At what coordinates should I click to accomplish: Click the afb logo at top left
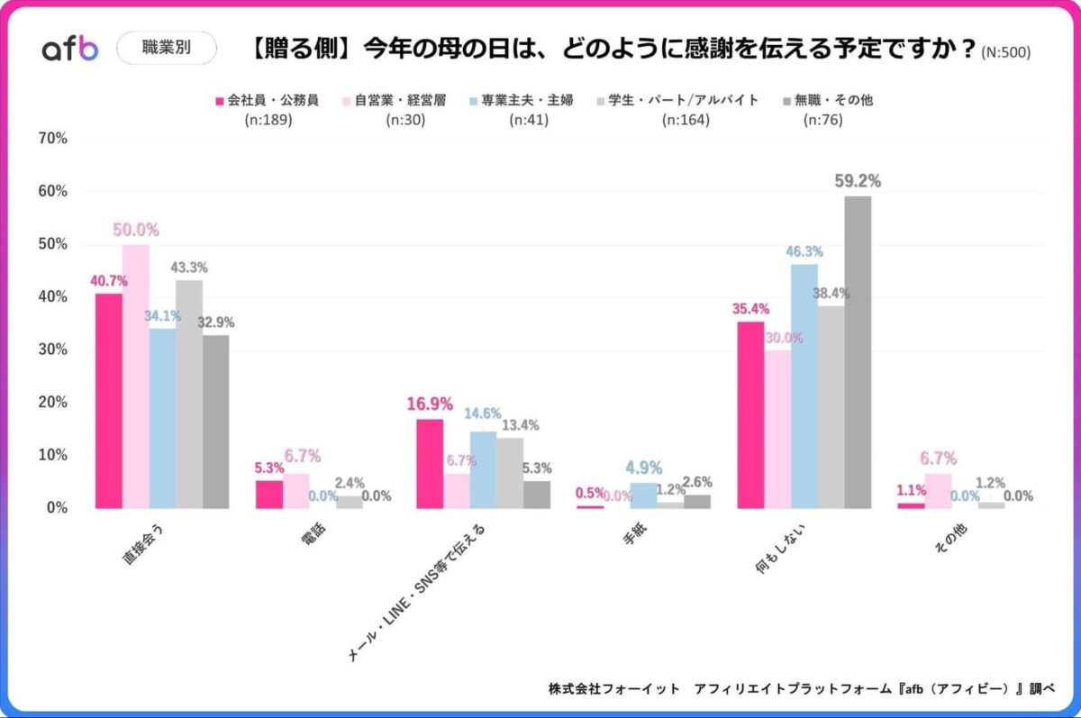click(x=70, y=49)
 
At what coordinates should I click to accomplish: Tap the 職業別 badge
click(x=167, y=49)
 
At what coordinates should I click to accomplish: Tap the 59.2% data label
click(x=857, y=181)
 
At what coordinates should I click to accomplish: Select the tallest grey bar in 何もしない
click(x=858, y=351)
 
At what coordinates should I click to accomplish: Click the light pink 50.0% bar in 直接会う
click(x=136, y=376)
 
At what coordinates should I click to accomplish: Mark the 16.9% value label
click(x=429, y=404)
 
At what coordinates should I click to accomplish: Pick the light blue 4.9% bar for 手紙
click(x=643, y=495)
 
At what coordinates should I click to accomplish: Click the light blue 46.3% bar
click(x=804, y=386)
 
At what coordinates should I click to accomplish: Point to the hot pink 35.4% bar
click(x=750, y=414)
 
